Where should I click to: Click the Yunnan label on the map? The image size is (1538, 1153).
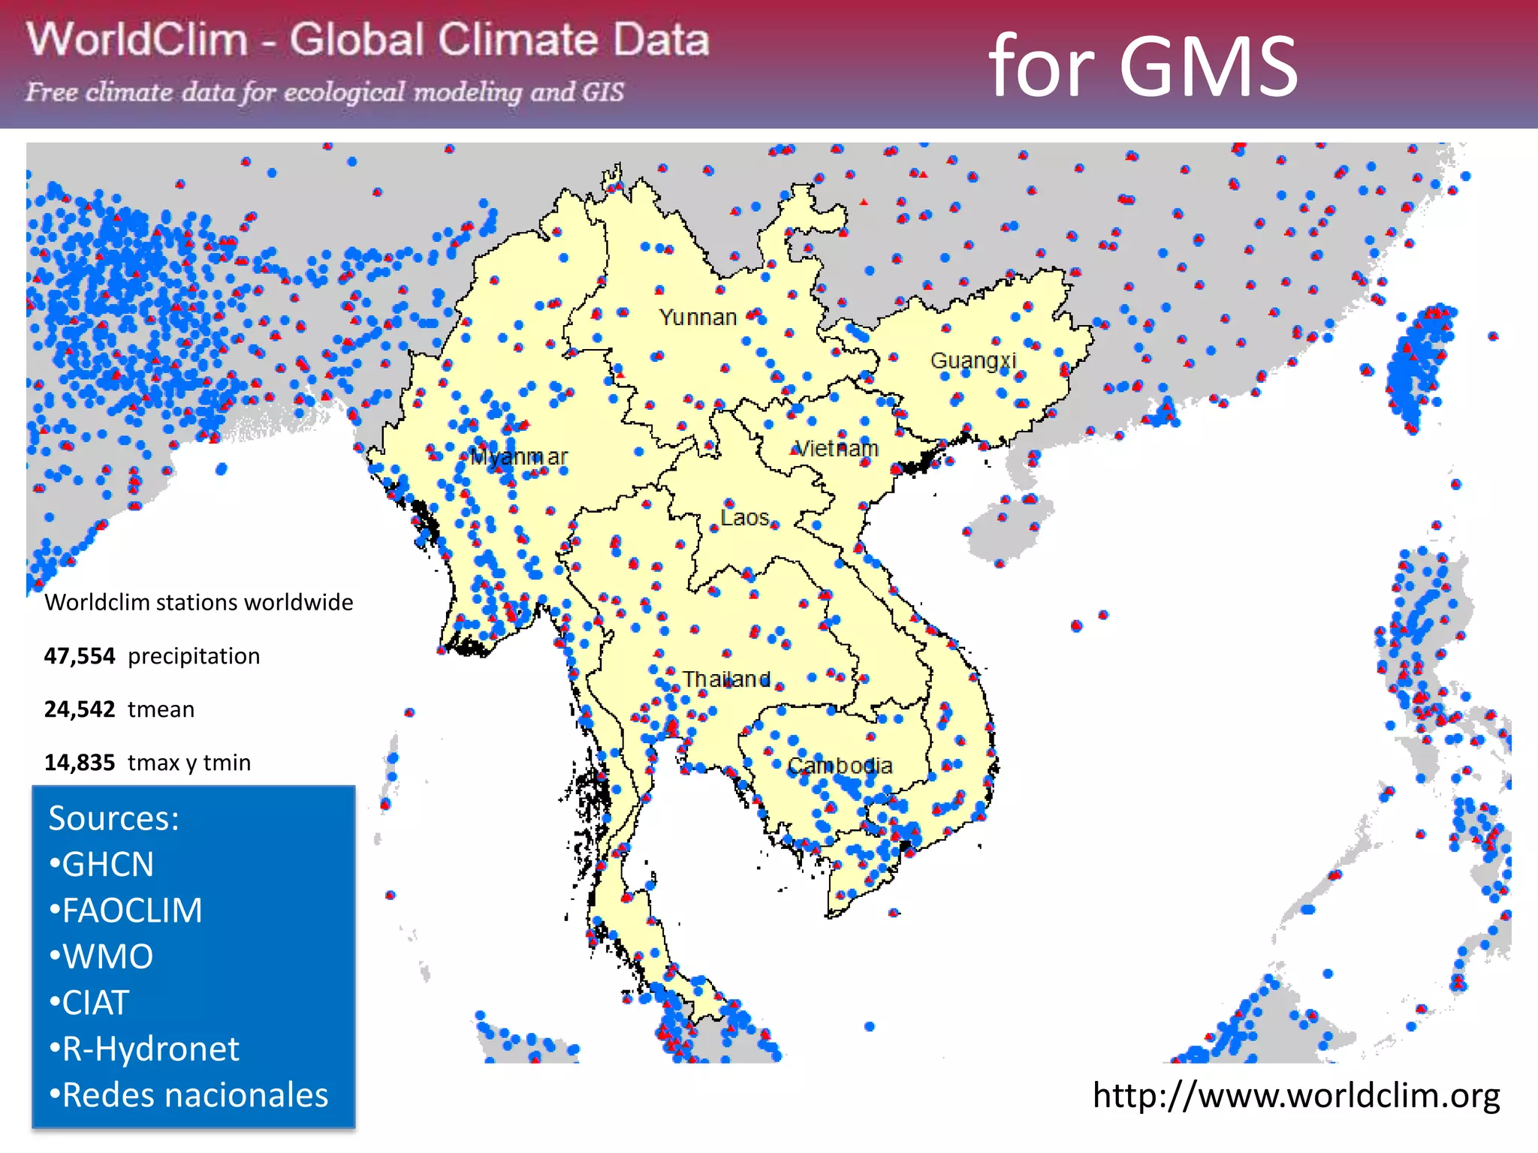pos(698,318)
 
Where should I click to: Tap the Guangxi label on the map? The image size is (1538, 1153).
pos(973,360)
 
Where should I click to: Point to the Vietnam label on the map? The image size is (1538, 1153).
pos(837,448)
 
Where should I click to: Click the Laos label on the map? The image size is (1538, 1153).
pos(744,517)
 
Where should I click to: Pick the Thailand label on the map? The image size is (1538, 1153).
pos(726,679)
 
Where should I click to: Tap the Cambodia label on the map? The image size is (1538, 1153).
pos(840,766)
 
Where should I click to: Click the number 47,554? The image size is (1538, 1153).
pos(80,656)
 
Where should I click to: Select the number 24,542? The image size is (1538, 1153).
pos(80,709)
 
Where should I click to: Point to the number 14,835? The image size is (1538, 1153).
pos(80,763)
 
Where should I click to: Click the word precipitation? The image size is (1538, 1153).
pos(194,656)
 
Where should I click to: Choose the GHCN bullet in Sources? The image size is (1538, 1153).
pos(101,864)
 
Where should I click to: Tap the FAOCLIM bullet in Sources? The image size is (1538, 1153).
pos(125,911)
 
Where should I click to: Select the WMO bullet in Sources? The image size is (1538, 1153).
pos(101,956)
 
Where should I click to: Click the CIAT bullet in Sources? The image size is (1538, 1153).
pos(89,1003)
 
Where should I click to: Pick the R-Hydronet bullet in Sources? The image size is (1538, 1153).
pos(144,1049)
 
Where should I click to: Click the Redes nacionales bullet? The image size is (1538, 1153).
pos(188,1095)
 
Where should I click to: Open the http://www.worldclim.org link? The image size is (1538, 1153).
pos(1295,1095)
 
